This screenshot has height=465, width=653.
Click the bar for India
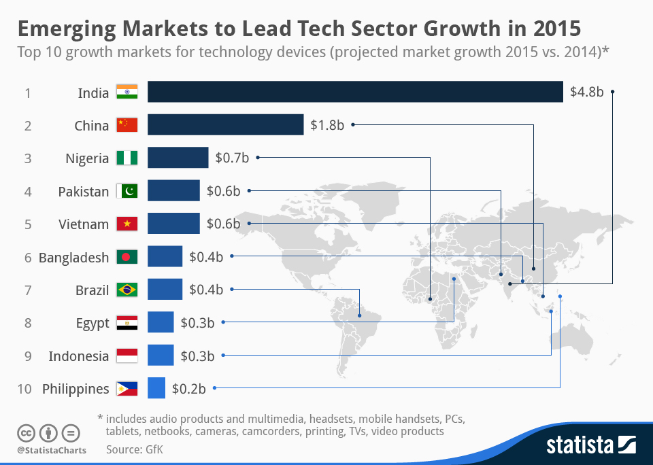coord(355,92)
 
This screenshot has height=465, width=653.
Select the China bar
coord(225,125)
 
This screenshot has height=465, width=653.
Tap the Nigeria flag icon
coord(127,158)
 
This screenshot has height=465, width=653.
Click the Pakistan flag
coord(127,191)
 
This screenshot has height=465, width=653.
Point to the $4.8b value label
coord(587,92)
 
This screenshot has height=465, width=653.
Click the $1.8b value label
coord(327,125)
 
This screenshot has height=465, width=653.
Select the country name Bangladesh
coord(73,258)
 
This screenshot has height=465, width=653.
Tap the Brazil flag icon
coord(127,290)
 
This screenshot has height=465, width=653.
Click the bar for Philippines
coord(156,389)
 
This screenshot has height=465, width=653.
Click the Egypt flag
coord(127,323)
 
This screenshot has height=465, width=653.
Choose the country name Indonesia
coord(78,356)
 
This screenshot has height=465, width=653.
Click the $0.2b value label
coord(188,389)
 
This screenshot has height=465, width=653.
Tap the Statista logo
coord(590,445)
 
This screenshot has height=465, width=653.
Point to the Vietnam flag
coord(127,224)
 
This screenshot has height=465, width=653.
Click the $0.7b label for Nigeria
coord(232,158)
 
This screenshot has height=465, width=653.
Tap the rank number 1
coord(28,92)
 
